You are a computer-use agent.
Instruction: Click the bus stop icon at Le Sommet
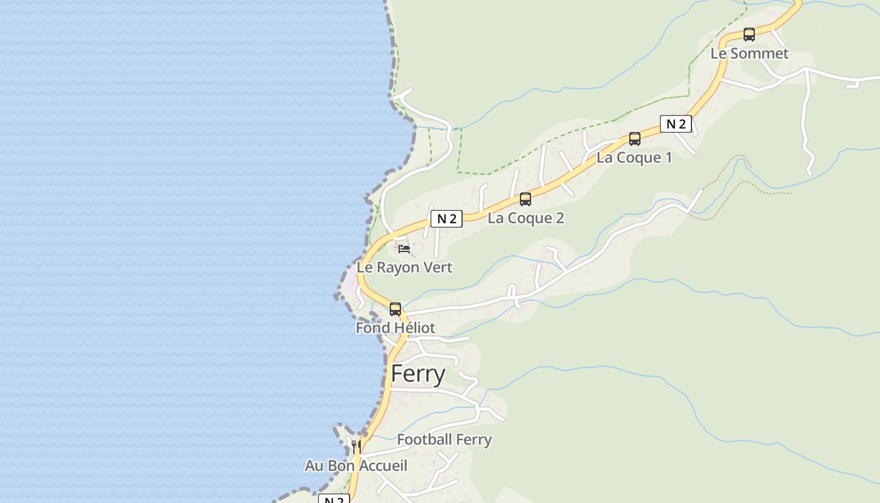tap(749, 35)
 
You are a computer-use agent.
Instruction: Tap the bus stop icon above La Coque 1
tap(635, 139)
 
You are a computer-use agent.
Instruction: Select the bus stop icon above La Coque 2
tap(525, 199)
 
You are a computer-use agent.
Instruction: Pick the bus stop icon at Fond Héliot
tap(395, 309)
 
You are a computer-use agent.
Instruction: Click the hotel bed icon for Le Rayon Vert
tap(404, 249)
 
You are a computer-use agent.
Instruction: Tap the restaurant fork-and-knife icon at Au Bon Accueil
tap(356, 447)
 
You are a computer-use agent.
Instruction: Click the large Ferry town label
tap(418, 373)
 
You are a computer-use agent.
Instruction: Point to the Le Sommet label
tap(749, 53)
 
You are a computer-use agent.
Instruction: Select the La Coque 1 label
tap(634, 157)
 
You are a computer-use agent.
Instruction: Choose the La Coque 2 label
tap(525, 218)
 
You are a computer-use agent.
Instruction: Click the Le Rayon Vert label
tap(404, 267)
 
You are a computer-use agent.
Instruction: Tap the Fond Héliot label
tap(395, 328)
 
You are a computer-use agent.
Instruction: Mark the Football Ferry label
tap(444, 439)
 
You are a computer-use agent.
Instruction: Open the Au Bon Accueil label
tap(356, 466)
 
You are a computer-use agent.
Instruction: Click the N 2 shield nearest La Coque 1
tap(676, 124)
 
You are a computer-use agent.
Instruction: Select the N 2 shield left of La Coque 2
tap(446, 219)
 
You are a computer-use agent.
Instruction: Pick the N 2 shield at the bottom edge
tap(334, 499)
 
